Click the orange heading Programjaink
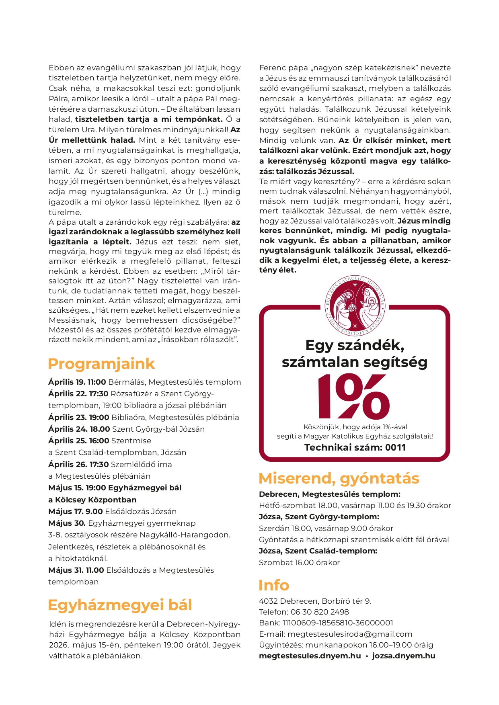point(101,364)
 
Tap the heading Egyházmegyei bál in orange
point(119,605)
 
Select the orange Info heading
point(273,585)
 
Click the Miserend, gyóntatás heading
point(339,478)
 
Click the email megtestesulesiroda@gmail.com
point(350,634)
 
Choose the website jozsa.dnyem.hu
point(403,656)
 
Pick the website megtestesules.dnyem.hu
point(310,656)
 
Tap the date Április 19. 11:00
point(77,382)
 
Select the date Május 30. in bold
point(67,523)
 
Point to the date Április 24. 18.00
point(79,429)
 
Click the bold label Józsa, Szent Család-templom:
point(318,551)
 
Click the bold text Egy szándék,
point(355,345)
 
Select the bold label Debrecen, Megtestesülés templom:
point(329,494)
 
